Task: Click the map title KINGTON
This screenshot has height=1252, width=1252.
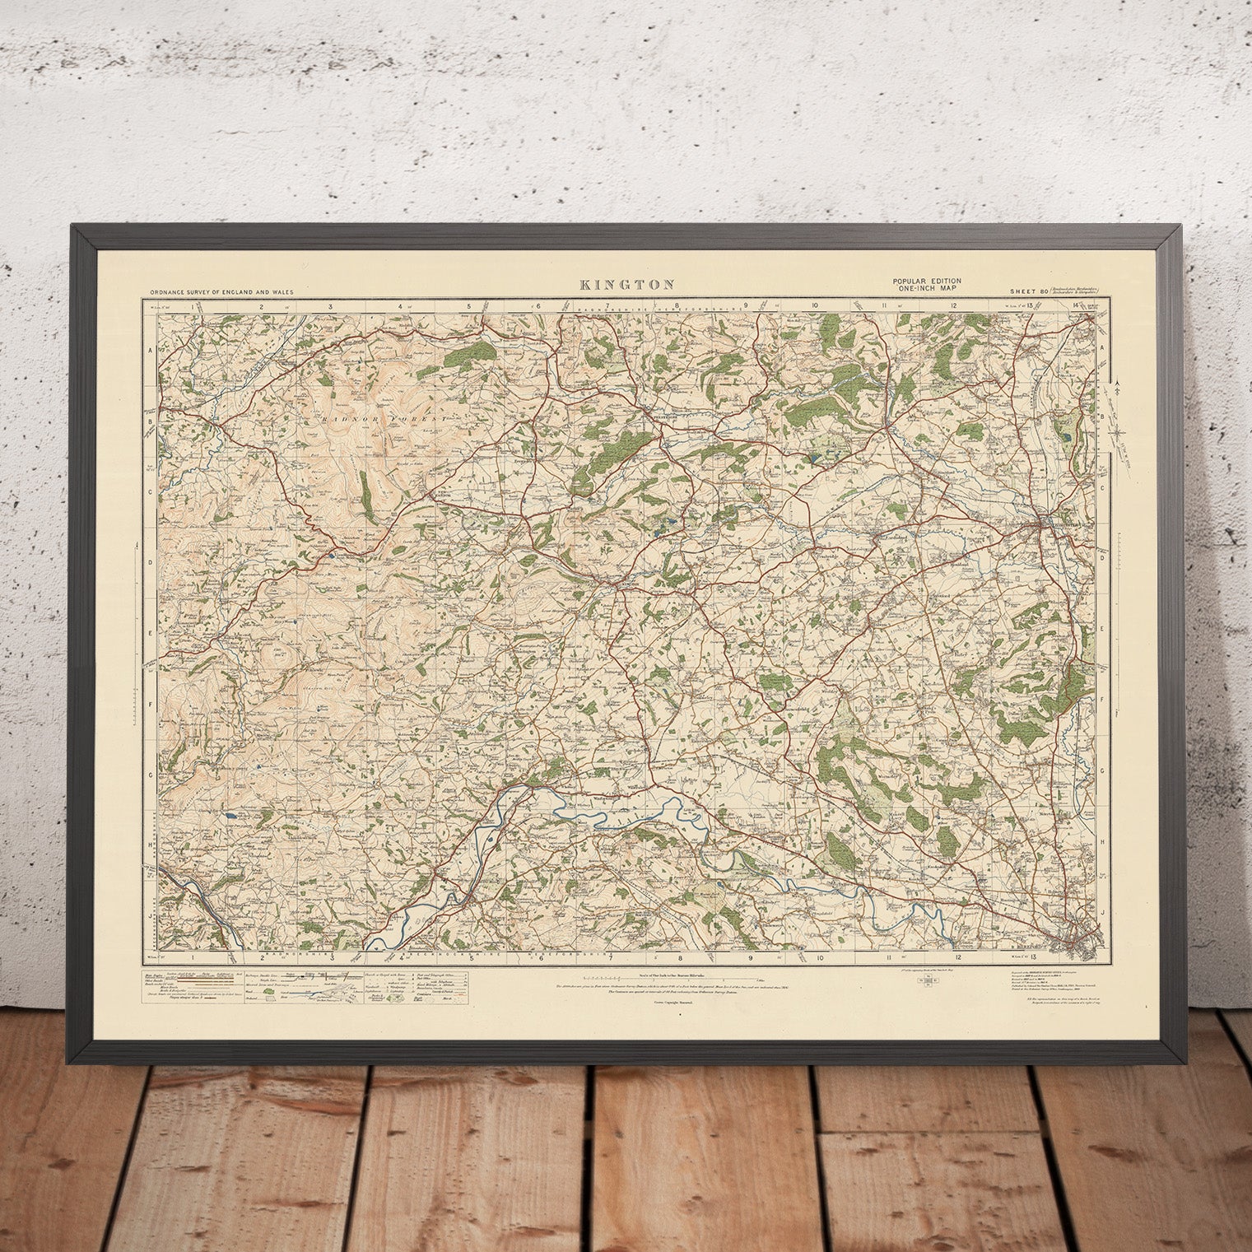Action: point(627,285)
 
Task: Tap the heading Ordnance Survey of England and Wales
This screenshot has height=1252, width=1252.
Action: point(221,291)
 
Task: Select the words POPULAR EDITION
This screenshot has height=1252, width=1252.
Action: point(927,282)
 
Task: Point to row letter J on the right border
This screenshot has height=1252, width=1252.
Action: point(1101,912)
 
